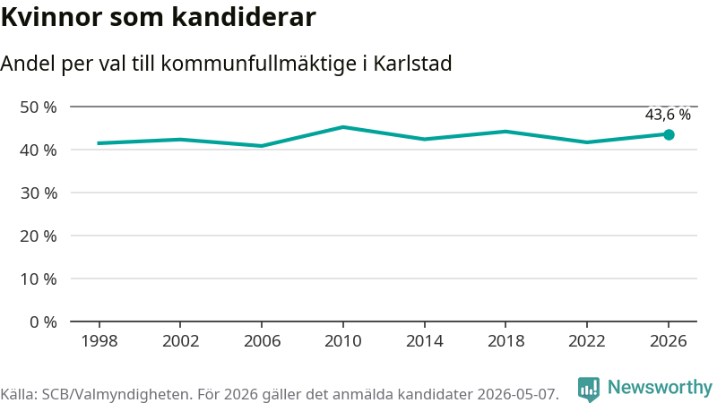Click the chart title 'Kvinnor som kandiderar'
click(159, 17)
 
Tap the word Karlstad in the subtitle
click(412, 64)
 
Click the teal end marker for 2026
click(669, 135)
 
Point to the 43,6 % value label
click(668, 115)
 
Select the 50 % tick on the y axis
click(39, 107)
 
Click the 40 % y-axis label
click(39, 150)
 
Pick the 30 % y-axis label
click(39, 193)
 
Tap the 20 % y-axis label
click(39, 236)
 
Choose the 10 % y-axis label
click(39, 279)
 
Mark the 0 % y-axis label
click(43, 322)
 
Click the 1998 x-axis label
click(99, 341)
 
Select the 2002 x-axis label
click(181, 341)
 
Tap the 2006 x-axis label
click(262, 341)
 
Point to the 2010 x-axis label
click(343, 341)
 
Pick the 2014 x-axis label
click(424, 341)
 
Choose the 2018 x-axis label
click(505, 341)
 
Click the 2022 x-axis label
click(587, 341)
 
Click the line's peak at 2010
click(343, 127)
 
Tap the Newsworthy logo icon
click(589, 389)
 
